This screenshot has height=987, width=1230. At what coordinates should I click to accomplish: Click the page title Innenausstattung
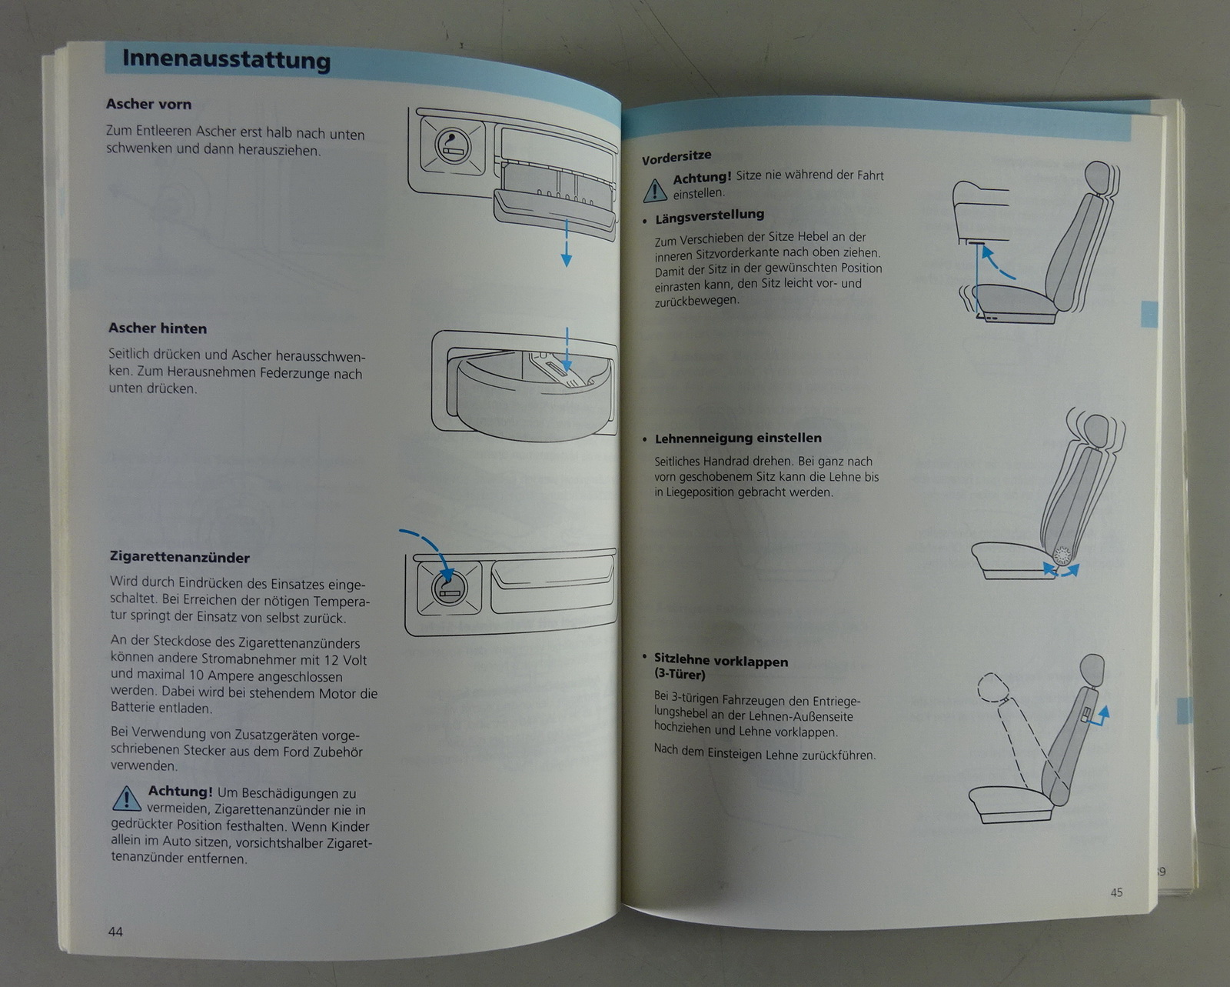coord(226,60)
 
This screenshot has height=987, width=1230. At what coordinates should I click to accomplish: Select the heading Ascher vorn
coord(148,104)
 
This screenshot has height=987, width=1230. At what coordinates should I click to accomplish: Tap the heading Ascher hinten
coord(158,328)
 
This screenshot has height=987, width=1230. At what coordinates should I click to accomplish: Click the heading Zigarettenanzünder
coord(180,557)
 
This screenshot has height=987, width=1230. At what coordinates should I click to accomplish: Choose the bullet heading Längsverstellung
coord(710,216)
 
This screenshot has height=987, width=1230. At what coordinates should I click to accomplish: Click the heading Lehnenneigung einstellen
coord(739,438)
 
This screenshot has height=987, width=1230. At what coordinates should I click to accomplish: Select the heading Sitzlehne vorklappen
coord(721,662)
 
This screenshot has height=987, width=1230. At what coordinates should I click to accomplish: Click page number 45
coord(1116,892)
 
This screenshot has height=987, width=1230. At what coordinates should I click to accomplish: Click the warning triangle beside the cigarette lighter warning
coord(126,799)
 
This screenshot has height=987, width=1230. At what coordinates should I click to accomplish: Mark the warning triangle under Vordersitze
coord(655,191)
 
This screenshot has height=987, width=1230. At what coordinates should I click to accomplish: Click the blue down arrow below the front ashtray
coord(567,242)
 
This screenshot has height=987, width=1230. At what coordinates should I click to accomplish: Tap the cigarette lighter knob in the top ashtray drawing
coord(453,146)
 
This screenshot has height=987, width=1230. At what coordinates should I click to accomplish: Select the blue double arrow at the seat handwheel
coord(1061,571)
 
